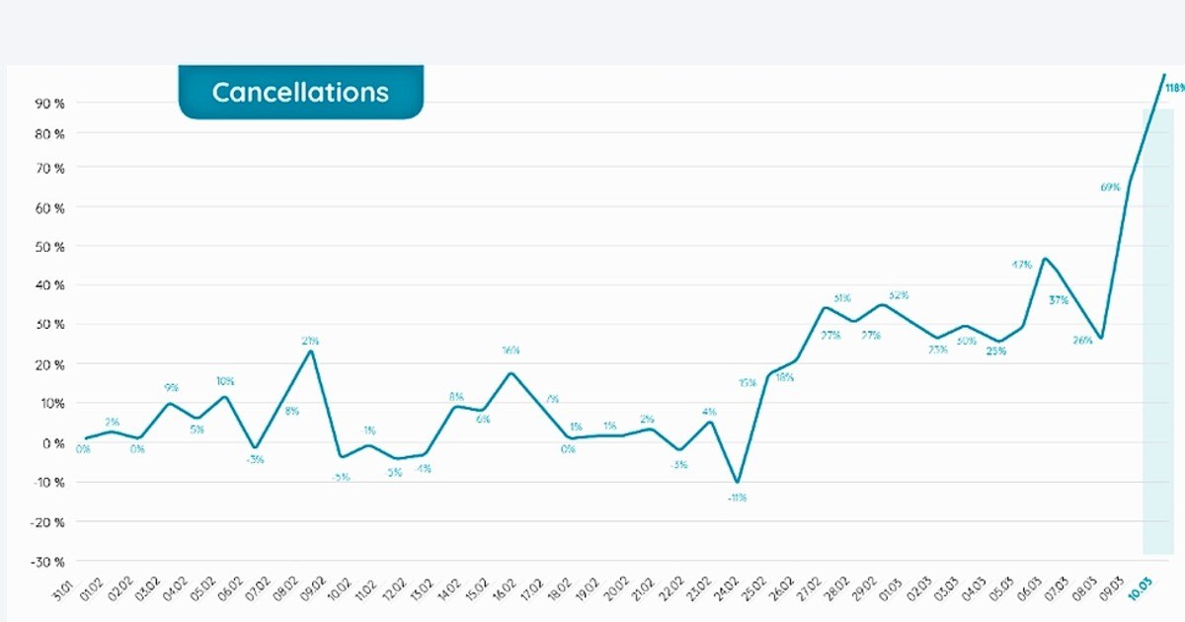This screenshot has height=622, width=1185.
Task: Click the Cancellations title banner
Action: [x=300, y=93]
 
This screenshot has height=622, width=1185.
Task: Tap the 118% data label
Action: [x=1173, y=88]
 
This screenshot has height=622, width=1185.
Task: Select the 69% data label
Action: [x=1109, y=187]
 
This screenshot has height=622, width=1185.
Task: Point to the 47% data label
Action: [x=1021, y=265]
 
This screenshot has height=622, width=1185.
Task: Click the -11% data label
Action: [x=737, y=498]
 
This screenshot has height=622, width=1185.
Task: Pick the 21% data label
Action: [x=310, y=342]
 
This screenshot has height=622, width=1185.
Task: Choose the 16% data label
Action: [x=511, y=350]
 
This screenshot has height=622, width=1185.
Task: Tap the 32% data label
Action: [x=899, y=295]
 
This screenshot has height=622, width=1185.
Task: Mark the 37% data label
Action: [x=1059, y=300]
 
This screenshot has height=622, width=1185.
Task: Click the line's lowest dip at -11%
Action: [x=736, y=482]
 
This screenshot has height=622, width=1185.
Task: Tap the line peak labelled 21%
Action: [x=311, y=351]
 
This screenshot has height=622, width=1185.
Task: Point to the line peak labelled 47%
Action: [x=1045, y=259]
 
